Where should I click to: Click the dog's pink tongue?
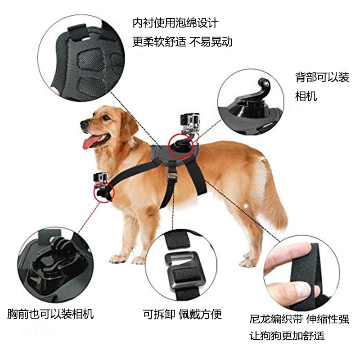pyautogui.click(x=91, y=142)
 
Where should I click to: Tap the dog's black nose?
pyautogui.click(x=84, y=124)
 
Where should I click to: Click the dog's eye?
pyautogui.click(x=106, y=118)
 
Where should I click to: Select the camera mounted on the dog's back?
pyautogui.click(x=190, y=121)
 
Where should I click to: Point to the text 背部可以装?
pyautogui.click(x=322, y=77)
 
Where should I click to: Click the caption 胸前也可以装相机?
pyautogui.click(x=50, y=314)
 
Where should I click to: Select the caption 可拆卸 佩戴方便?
pyautogui.click(x=182, y=314)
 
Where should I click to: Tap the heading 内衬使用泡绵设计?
pyautogui.click(x=175, y=23)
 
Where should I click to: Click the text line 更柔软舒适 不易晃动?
pyautogui.click(x=183, y=42)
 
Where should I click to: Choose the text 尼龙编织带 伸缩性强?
pyautogui.click(x=299, y=319)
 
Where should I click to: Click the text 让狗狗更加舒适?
pyautogui.click(x=287, y=336)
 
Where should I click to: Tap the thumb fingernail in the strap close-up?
pyautogui.click(x=302, y=290)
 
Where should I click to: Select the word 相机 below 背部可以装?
pyautogui.click(x=306, y=96)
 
